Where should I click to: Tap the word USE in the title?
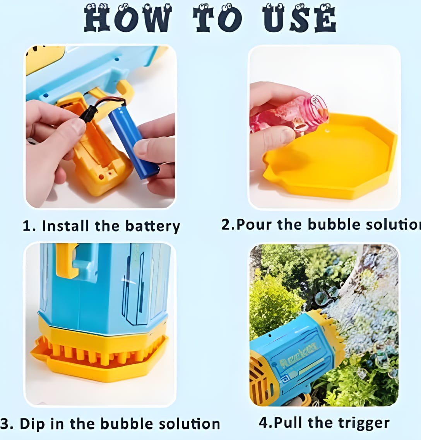point(299,19)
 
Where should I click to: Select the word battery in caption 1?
point(152,226)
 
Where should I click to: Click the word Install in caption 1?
point(65,225)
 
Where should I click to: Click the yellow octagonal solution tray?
point(331,157)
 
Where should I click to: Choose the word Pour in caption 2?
point(254,224)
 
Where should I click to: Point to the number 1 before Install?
point(27,226)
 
